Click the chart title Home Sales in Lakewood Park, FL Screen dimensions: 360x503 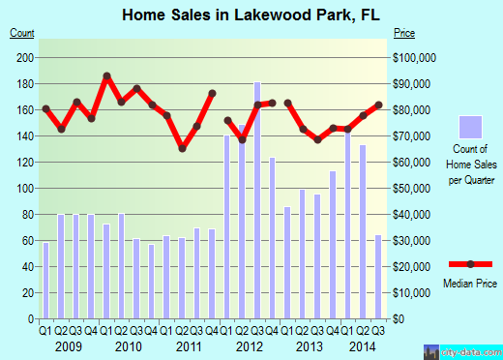click(x=251, y=15)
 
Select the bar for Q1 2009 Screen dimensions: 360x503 click(x=45, y=281)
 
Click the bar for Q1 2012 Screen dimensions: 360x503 click(x=227, y=226)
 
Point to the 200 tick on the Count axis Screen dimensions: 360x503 click(x=26, y=57)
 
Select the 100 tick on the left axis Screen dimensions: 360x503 click(x=26, y=188)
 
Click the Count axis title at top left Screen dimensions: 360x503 click(x=22, y=33)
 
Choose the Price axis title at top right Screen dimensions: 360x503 click(x=404, y=33)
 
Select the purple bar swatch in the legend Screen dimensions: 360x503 click(x=471, y=127)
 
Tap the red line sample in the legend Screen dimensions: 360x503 click(x=471, y=264)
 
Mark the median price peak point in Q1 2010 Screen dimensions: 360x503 click(x=106, y=75)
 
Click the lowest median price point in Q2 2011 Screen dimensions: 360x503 click(x=182, y=148)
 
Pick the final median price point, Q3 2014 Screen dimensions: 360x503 click(x=378, y=105)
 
